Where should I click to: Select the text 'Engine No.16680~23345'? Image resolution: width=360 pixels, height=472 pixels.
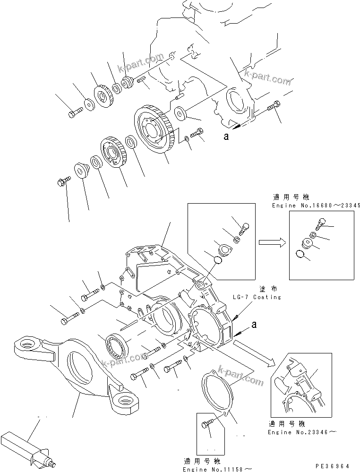[316, 206]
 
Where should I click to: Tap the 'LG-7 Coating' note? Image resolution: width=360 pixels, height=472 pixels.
[257, 297]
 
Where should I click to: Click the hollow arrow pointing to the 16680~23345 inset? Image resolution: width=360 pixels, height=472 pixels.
[271, 242]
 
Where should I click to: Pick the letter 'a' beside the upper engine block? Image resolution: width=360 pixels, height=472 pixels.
[226, 137]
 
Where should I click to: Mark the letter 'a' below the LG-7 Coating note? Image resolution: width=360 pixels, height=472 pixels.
[254, 325]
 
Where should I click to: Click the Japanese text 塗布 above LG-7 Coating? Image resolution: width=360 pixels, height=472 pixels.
[265, 289]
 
